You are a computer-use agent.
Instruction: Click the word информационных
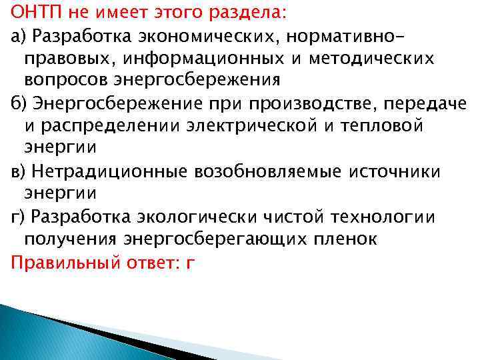click(x=193, y=57)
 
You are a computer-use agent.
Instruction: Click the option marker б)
click(x=18, y=103)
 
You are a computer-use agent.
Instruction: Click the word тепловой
click(x=381, y=125)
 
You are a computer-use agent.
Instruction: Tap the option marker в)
click(x=18, y=171)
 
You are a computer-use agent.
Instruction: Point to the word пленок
click(x=347, y=239)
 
